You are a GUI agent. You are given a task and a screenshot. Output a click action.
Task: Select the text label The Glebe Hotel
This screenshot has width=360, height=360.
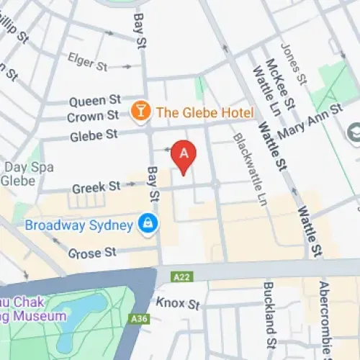[204, 112]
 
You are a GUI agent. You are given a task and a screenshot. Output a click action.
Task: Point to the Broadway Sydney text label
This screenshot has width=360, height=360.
[79, 225]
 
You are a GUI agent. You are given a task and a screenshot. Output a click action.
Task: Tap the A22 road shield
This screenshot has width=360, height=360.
[183, 276]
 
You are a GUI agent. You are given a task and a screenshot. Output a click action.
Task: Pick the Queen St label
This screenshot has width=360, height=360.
[94, 100]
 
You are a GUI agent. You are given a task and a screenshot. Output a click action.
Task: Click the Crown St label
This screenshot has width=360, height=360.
[93, 116]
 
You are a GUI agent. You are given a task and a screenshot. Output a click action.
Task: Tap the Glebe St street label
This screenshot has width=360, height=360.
[94, 134]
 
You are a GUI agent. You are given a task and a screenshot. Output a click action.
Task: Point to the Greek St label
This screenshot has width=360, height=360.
[96, 187]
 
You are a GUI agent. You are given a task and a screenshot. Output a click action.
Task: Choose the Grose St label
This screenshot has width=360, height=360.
[91, 253]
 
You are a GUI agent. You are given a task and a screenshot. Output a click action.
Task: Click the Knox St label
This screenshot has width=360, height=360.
[177, 304]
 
